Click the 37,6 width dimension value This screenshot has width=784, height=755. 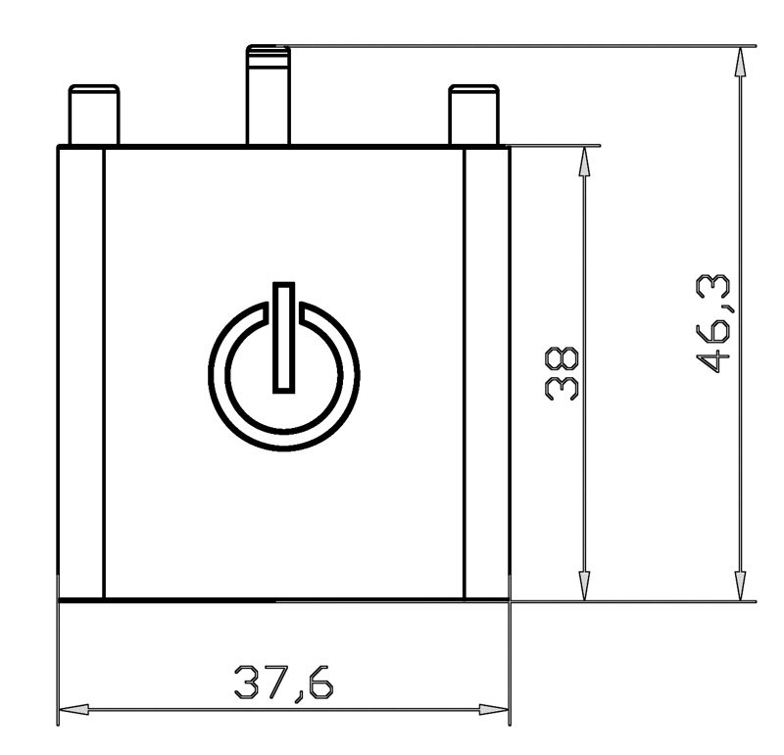point(283,683)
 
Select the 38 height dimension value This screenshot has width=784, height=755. point(562,374)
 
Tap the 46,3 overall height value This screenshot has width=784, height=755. point(713,324)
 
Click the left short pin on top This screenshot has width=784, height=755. point(94,115)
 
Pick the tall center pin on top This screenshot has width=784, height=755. point(269,95)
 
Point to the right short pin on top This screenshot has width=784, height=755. point(473,115)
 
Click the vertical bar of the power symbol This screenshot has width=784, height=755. point(283,338)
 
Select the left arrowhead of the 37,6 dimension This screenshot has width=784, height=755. point(74,709)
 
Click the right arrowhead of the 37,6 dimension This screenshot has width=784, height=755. point(494,709)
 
